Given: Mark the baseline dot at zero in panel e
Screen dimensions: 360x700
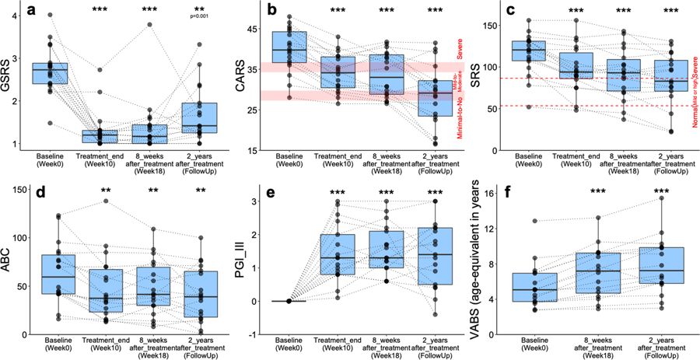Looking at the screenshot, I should coord(289,301).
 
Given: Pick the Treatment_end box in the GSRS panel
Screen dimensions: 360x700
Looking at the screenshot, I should coord(100,137).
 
